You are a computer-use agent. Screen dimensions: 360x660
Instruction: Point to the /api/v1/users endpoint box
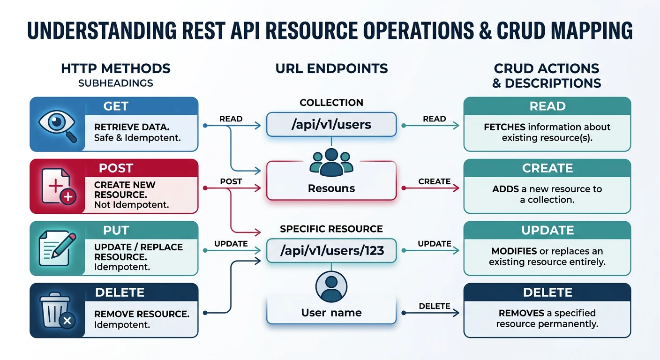click(x=331, y=125)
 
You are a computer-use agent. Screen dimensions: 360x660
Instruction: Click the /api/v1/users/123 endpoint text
click(x=331, y=250)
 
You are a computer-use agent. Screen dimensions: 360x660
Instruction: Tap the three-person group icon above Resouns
click(x=331, y=162)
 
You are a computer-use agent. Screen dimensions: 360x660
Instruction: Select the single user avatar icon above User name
click(x=331, y=286)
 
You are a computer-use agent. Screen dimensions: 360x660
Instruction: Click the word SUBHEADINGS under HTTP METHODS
click(x=116, y=83)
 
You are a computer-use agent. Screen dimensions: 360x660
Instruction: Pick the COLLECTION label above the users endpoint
click(x=331, y=103)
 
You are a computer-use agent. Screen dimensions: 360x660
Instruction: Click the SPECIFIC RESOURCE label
click(x=331, y=229)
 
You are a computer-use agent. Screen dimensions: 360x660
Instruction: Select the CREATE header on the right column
click(x=547, y=168)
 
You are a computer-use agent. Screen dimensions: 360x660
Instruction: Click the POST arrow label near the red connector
click(x=231, y=181)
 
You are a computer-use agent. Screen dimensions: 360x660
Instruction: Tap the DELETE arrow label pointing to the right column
click(x=434, y=306)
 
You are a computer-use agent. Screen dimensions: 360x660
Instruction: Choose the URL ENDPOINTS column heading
click(x=331, y=69)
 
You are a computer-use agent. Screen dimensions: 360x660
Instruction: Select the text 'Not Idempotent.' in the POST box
click(x=132, y=204)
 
